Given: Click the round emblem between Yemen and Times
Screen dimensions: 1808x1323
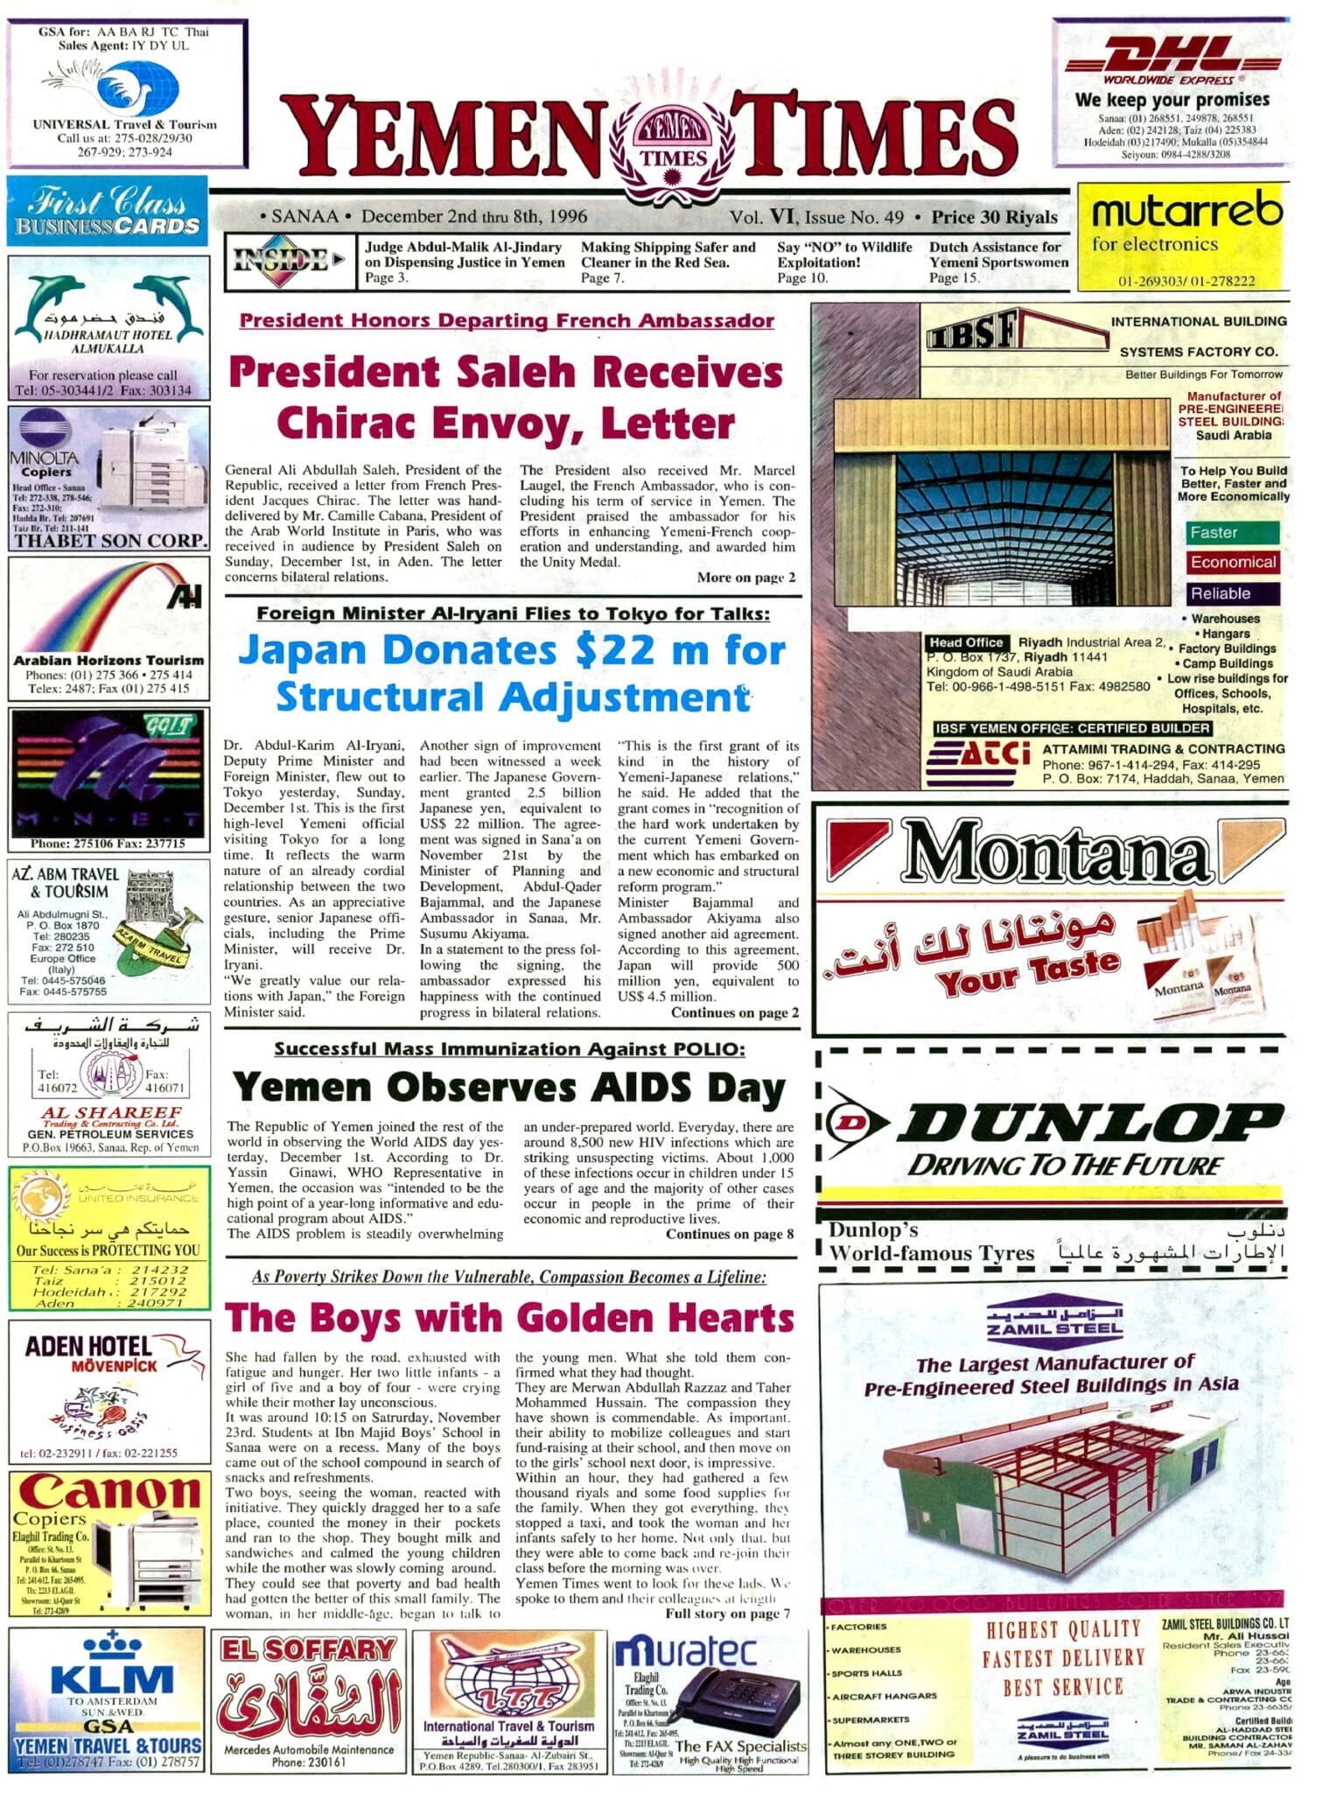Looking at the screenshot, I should [672, 146].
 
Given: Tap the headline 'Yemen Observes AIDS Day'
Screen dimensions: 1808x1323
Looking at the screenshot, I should [508, 1088].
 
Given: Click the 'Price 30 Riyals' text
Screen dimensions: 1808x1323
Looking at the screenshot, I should [994, 217].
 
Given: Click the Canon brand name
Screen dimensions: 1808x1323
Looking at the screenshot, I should [110, 1495].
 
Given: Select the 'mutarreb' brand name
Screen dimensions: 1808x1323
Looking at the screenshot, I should [1186, 211].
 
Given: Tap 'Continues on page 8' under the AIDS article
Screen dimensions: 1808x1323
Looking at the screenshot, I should [729, 1234].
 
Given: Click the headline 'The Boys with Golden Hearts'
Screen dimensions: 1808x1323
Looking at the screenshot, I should [508, 1318].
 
